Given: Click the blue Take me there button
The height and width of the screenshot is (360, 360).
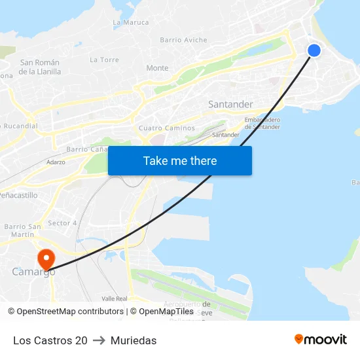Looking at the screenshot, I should pyautogui.click(x=180, y=160).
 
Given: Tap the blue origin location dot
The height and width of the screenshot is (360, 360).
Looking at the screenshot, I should pyautogui.click(x=314, y=50).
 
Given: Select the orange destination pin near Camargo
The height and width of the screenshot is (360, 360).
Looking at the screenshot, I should pyautogui.click(x=46, y=259).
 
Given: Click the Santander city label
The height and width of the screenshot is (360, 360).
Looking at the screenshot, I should pyautogui.click(x=230, y=105).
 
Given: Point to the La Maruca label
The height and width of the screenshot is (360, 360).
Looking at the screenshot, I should pyautogui.click(x=131, y=22).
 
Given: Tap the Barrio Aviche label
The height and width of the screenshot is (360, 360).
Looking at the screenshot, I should pyautogui.click(x=184, y=40).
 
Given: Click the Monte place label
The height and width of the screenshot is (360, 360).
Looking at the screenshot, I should pyautogui.click(x=157, y=68).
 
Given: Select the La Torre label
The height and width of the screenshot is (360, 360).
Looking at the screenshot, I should pyautogui.click(x=105, y=60).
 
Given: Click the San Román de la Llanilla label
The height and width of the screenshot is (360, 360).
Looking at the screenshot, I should pyautogui.click(x=40, y=67).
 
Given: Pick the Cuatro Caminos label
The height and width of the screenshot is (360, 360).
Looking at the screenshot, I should pyautogui.click(x=167, y=128).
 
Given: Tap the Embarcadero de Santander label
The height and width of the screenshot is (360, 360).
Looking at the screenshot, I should pyautogui.click(x=262, y=123).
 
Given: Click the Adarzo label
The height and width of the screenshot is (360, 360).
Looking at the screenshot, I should pyautogui.click(x=56, y=162).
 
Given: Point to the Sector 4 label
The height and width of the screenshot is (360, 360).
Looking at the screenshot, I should pyautogui.click(x=63, y=223).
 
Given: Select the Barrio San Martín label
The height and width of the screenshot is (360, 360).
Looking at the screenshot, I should pyautogui.click(x=23, y=230).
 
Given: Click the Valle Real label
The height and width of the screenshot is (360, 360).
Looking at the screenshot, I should pyautogui.click(x=115, y=298).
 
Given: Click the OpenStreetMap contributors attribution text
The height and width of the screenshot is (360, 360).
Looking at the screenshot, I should pyautogui.click(x=70, y=312).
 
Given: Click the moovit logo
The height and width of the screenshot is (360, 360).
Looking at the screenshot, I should pyautogui.click(x=320, y=340).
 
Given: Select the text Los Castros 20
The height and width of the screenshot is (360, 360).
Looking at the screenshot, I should pyautogui.click(x=50, y=340).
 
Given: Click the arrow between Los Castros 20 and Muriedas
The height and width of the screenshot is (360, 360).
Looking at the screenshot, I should pyautogui.click(x=99, y=340).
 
